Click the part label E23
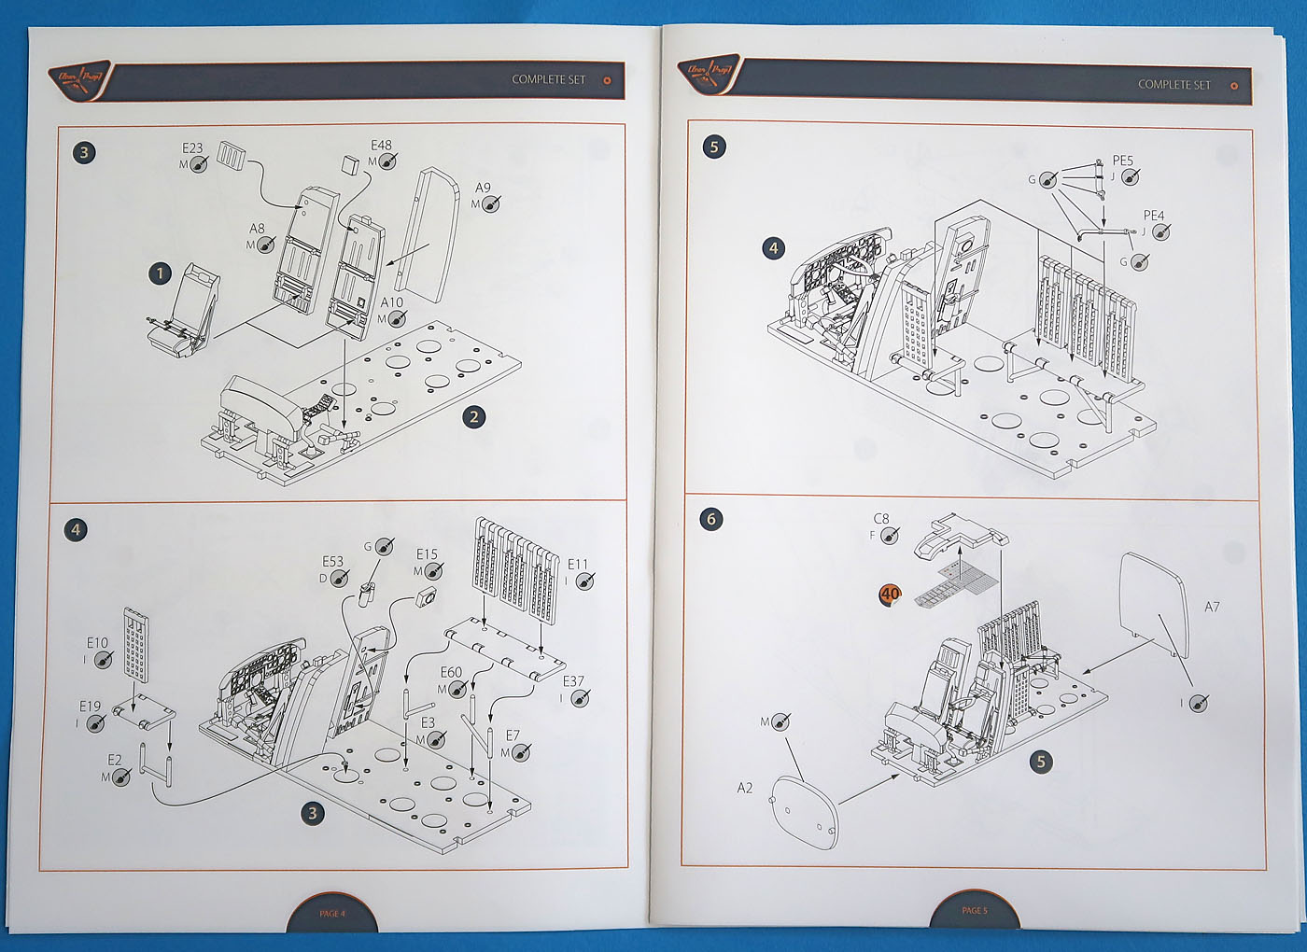[x=192, y=148]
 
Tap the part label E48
[x=381, y=146]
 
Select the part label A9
[x=483, y=189]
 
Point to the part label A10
[x=392, y=302]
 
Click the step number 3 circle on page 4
[x=85, y=152]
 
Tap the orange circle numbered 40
[x=890, y=595]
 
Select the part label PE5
[x=1123, y=161]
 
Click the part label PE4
[x=1154, y=216]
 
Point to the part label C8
[x=881, y=519]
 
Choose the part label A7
[x=1212, y=608]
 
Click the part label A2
[x=744, y=789]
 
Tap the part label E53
[x=332, y=562]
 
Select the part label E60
[x=451, y=673]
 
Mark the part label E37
[x=573, y=681]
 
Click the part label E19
[x=90, y=707]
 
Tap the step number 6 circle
[x=711, y=519]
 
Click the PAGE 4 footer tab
[x=332, y=913]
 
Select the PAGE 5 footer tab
[x=974, y=910]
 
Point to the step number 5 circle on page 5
[x=714, y=147]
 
